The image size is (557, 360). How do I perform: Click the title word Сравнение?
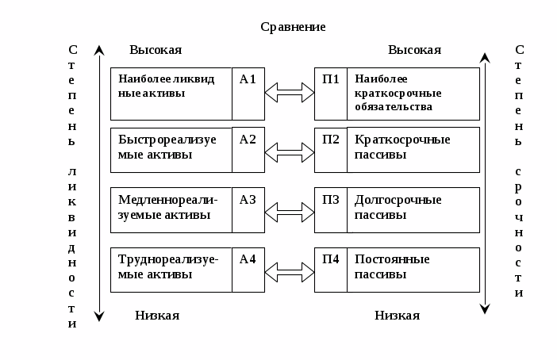[293, 27]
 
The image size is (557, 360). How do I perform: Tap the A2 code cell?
[248, 149]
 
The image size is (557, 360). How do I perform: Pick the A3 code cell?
[248, 209]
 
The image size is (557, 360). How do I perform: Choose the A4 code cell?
[248, 270]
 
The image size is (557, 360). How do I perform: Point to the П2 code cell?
[331, 149]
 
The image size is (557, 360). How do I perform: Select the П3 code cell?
[331, 209]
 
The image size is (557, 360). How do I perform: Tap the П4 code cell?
[331, 270]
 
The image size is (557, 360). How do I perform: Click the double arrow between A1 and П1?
[290, 93]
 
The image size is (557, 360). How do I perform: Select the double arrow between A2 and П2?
[290, 151]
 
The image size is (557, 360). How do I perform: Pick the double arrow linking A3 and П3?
[290, 212]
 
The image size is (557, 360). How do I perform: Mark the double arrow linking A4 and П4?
[290, 272]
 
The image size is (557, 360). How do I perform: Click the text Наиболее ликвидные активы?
[166, 86]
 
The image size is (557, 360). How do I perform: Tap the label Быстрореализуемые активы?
[167, 147]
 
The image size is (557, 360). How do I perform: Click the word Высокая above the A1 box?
[156, 50]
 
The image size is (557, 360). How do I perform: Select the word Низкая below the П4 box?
[397, 316]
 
